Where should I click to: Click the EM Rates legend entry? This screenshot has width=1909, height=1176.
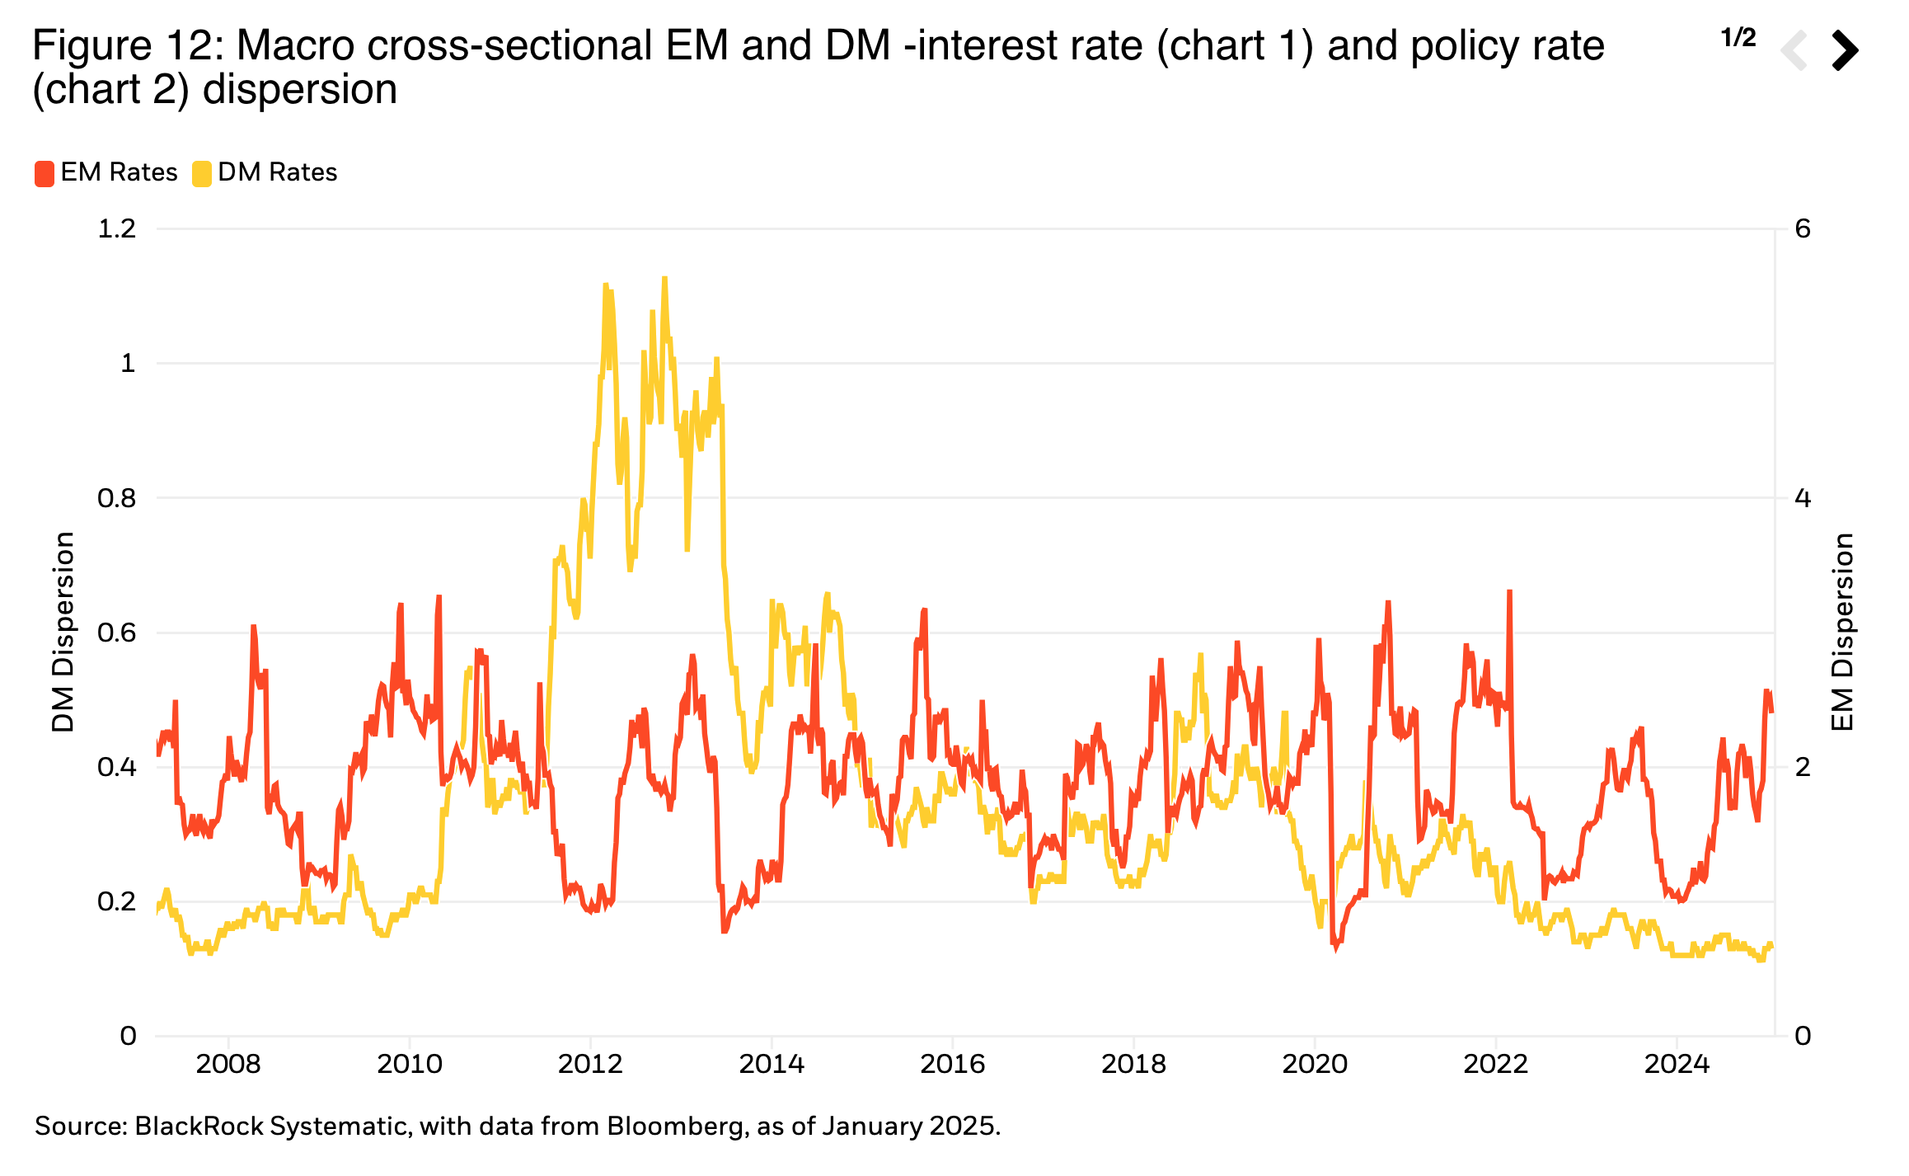click(106, 172)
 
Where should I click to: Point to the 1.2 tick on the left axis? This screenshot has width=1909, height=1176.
click(117, 228)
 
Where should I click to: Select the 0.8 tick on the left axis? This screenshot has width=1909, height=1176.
click(117, 498)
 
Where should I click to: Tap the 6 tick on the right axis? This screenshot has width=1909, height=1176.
click(1803, 228)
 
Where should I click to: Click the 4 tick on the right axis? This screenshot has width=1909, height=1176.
click(1803, 498)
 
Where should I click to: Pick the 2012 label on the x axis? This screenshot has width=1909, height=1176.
click(590, 1064)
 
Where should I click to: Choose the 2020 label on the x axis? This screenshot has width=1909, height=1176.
click(1315, 1064)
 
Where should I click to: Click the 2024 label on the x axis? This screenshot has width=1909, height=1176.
click(1677, 1064)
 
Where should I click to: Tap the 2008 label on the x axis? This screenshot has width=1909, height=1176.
click(228, 1064)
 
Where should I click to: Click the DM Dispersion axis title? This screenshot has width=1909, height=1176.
click(63, 632)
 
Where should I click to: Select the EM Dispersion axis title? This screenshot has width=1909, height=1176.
click(1843, 632)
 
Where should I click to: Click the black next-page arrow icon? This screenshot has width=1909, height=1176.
click(1845, 50)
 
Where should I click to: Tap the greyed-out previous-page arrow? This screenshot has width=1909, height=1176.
click(1795, 50)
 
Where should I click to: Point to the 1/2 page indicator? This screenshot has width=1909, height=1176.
click(1738, 38)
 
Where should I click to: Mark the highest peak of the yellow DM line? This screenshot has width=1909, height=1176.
click(664, 279)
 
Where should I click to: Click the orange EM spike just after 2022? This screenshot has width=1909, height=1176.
click(1509, 592)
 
